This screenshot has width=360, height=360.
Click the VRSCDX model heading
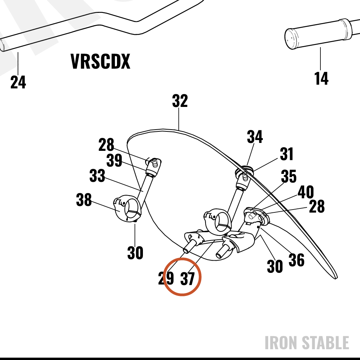click(x=100, y=61)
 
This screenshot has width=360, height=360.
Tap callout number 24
click(x=18, y=82)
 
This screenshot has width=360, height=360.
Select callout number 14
click(x=321, y=78)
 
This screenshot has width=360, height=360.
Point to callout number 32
click(x=180, y=101)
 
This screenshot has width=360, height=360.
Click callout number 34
click(x=255, y=136)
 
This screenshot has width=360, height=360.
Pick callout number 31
click(x=287, y=154)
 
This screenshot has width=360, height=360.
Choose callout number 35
click(x=289, y=176)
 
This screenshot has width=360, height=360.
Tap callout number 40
click(x=306, y=192)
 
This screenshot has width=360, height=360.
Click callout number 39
click(x=114, y=160)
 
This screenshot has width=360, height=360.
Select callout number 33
click(x=97, y=176)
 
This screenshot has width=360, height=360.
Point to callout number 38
click(x=84, y=200)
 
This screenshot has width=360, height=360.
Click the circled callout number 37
click(x=188, y=279)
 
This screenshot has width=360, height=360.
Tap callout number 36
click(x=296, y=260)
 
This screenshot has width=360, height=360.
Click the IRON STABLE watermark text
click(x=307, y=343)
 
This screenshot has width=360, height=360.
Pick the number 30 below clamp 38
click(x=135, y=253)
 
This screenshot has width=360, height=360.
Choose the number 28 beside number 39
click(x=106, y=145)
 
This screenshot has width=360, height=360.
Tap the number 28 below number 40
click(x=317, y=206)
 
